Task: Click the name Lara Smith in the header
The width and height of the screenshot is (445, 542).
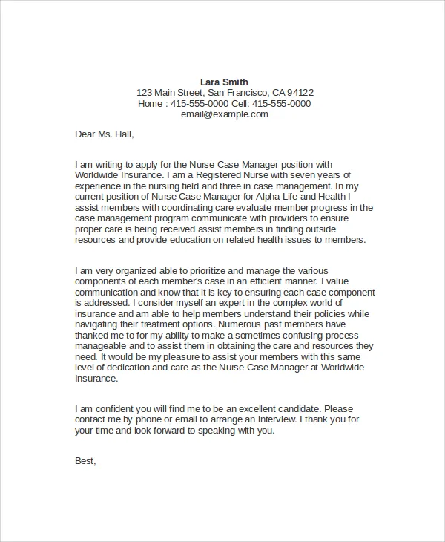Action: (225, 82)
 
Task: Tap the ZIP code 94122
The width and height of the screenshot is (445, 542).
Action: (299, 93)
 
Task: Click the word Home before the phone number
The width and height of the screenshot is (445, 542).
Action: (152, 104)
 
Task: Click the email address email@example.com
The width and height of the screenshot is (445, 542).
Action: (225, 115)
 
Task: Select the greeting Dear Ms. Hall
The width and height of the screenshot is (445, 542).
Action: (105, 134)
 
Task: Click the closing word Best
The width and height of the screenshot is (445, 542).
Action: (85, 461)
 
